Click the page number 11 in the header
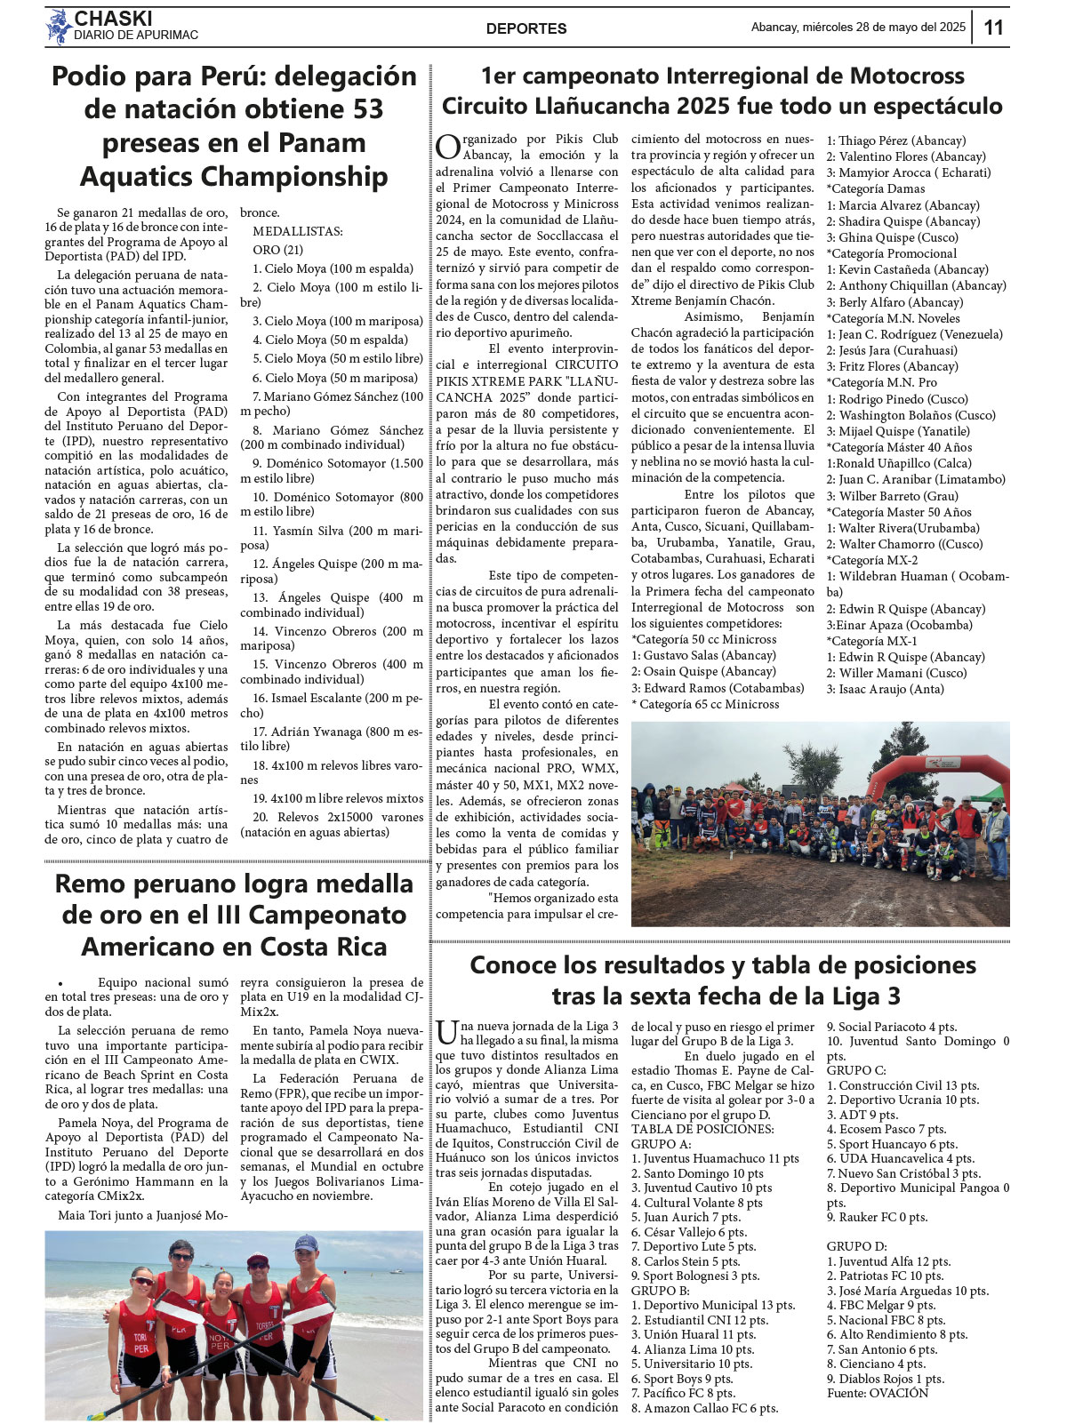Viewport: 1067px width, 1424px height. (x=993, y=28)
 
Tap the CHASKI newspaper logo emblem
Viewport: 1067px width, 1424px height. (x=59, y=27)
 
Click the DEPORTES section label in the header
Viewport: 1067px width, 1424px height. (x=526, y=28)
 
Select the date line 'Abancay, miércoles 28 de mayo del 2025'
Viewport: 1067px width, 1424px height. (x=858, y=28)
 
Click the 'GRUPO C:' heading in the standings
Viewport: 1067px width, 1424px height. (x=856, y=1070)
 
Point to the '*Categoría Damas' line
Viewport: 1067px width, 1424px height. (x=876, y=188)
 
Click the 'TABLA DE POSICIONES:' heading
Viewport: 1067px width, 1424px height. (x=702, y=1129)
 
